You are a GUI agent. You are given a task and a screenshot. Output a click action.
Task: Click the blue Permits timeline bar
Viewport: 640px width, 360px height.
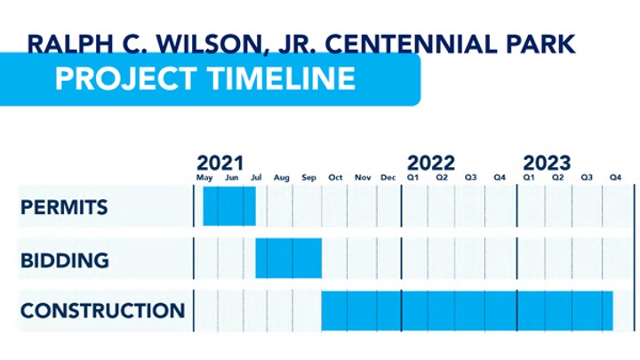point(229,206)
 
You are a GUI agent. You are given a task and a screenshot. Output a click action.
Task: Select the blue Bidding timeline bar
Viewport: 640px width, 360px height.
point(289,259)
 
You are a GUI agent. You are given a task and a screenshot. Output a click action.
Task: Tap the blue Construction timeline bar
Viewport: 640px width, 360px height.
point(467,310)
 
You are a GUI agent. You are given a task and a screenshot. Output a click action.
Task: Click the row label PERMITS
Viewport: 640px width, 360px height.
point(64,207)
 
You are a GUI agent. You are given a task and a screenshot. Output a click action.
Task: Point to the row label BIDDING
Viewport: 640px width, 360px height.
point(65,260)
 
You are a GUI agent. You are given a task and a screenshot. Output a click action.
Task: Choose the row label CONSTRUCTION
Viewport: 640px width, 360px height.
point(103,310)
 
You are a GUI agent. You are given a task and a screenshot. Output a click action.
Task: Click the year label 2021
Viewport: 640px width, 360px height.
point(220,164)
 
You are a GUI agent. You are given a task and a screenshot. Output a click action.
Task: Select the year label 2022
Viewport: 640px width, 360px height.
point(431,164)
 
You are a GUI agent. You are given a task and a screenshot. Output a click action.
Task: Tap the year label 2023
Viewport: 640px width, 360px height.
point(547,164)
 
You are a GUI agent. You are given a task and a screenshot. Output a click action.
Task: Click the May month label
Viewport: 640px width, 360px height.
point(204,178)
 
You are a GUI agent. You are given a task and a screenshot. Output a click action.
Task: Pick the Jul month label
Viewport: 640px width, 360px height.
point(256,178)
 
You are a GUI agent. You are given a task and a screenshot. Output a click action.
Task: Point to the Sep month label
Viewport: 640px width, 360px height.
point(309,178)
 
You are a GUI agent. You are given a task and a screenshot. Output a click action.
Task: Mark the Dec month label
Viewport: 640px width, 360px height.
point(388,178)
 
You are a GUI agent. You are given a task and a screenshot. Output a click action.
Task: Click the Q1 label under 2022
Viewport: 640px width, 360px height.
point(413,178)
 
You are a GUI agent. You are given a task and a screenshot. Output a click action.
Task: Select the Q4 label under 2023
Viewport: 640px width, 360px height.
point(615,178)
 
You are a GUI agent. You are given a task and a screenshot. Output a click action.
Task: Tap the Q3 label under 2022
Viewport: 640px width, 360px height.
point(470,178)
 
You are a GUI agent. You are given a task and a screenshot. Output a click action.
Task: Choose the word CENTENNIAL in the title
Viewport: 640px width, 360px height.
point(411,44)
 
